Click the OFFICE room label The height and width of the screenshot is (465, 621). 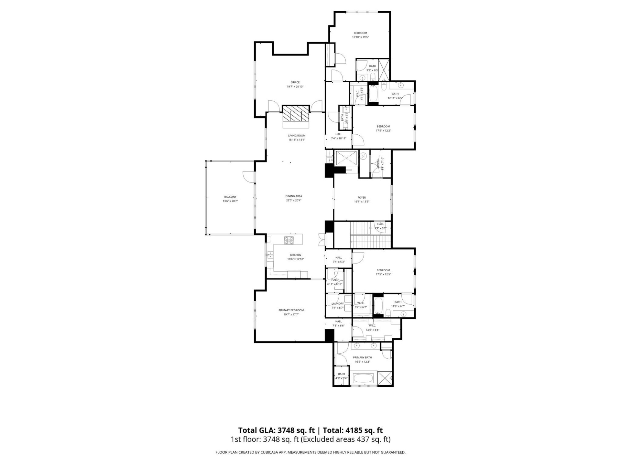pos(295,82)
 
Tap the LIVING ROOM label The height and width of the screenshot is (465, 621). pos(297,136)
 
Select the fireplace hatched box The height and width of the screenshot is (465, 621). pos(296,113)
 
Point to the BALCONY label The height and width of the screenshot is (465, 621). pos(230,197)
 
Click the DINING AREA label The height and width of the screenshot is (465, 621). pos(294,196)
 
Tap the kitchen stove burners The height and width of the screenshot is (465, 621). pos(289,240)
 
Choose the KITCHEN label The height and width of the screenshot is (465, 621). pos(296,255)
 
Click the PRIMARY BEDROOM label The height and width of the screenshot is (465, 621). pos(291,310)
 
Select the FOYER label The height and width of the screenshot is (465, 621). pos(362,198)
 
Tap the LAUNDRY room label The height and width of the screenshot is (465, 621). pos(337,304)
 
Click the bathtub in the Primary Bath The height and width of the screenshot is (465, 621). pos(363,378)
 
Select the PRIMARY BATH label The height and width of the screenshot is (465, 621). pos(362,357)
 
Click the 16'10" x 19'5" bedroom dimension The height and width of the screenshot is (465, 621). pos(360,37)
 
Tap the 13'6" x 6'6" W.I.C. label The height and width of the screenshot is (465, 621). pos(372,330)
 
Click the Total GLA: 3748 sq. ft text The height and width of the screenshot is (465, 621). pos(277,430)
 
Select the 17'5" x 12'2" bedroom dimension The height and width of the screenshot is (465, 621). pos(383,131)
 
